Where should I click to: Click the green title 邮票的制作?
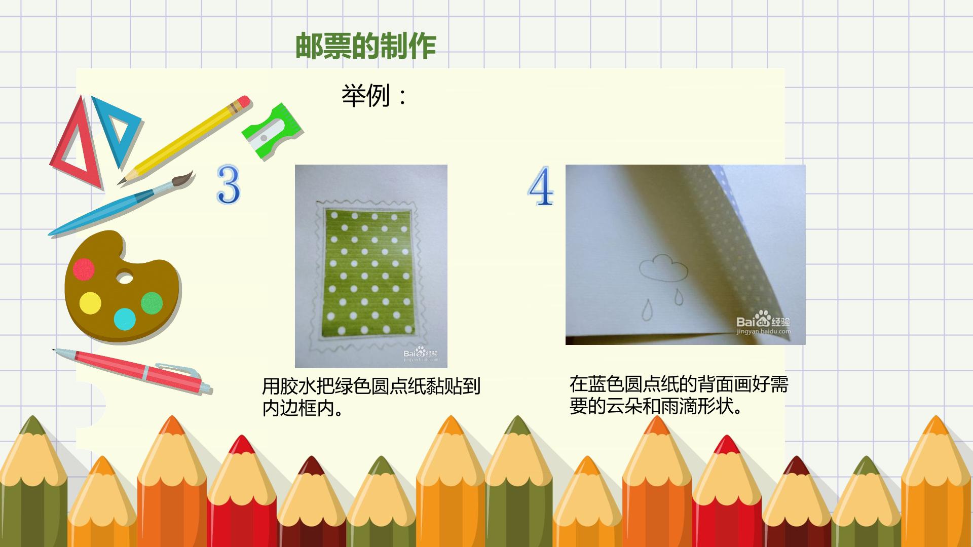click(365, 47)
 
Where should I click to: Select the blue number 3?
click(228, 184)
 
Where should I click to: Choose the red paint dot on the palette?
click(84, 269)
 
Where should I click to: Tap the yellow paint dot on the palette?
click(90, 303)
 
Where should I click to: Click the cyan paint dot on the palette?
click(125, 319)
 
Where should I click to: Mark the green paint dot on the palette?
click(152, 303)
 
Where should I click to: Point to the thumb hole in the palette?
click(125, 278)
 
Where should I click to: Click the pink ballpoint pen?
click(133, 371)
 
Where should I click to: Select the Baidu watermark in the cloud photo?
click(763, 323)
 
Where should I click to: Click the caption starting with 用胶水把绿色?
click(371, 397)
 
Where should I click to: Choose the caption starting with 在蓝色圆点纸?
click(679, 395)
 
